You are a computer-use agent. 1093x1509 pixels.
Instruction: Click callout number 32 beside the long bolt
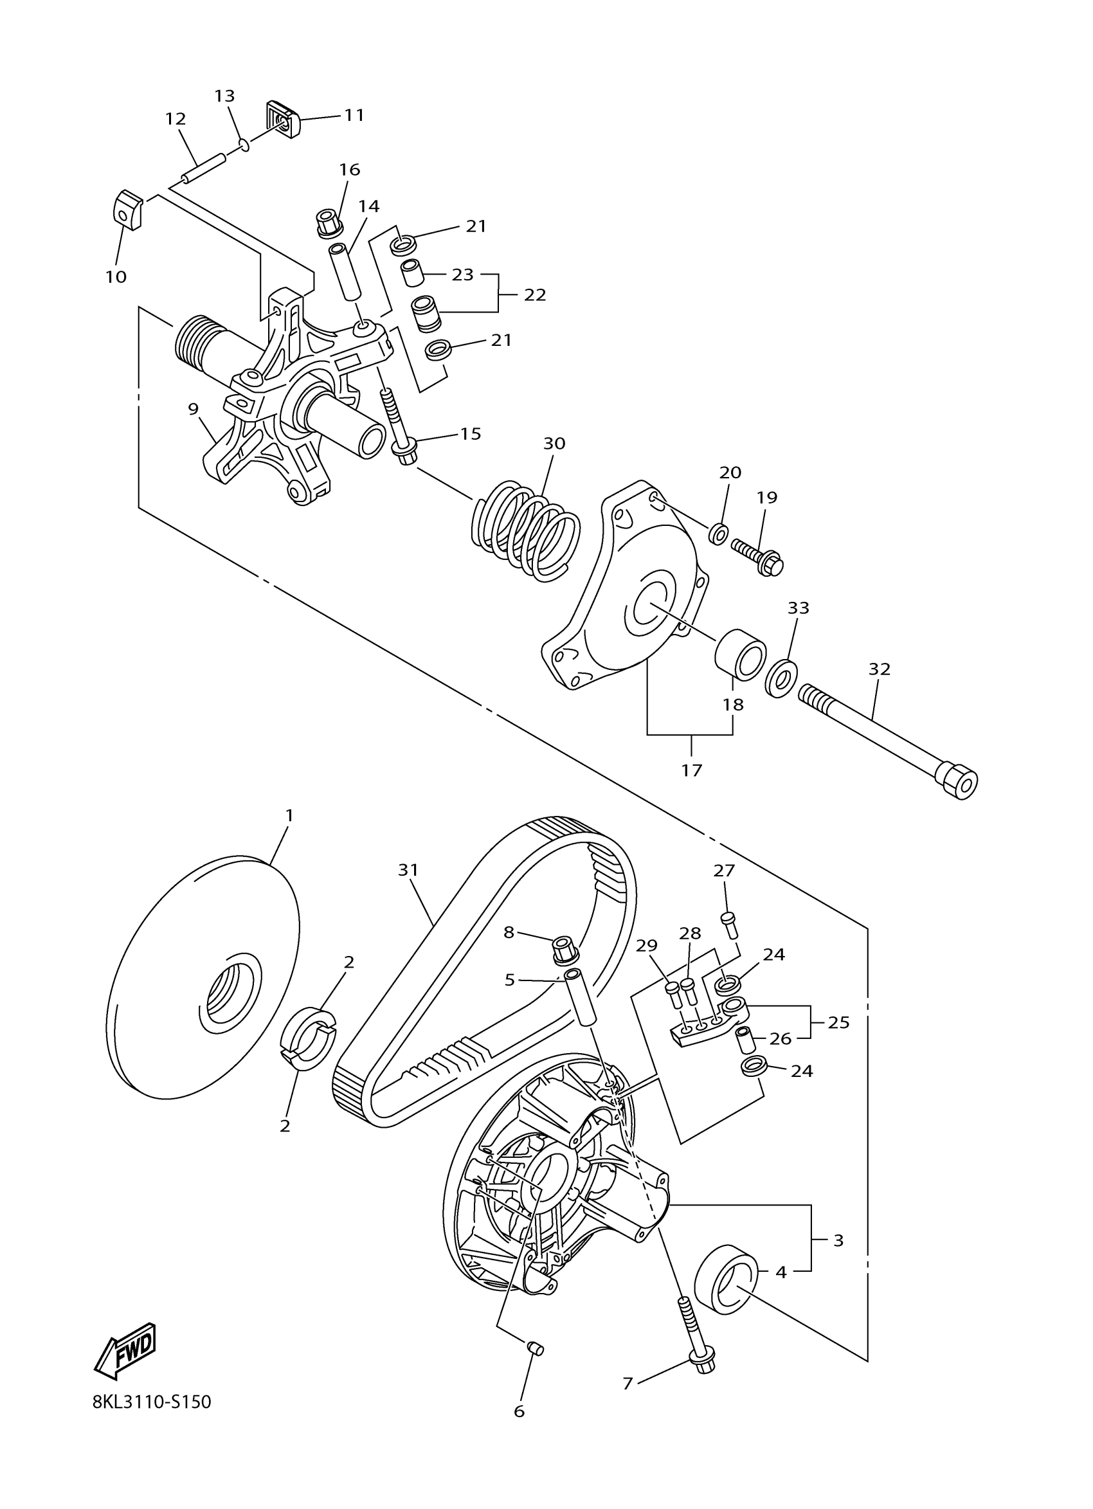pyautogui.click(x=879, y=669)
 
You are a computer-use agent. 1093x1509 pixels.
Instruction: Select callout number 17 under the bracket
pyautogui.click(x=691, y=770)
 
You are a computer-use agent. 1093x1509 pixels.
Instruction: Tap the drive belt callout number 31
pyautogui.click(x=408, y=870)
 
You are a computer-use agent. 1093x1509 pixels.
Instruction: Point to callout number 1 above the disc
pyautogui.click(x=289, y=815)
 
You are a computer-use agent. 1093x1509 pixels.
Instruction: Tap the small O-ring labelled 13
pyautogui.click(x=244, y=144)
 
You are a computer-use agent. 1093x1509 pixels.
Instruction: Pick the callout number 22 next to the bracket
pyautogui.click(x=534, y=294)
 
